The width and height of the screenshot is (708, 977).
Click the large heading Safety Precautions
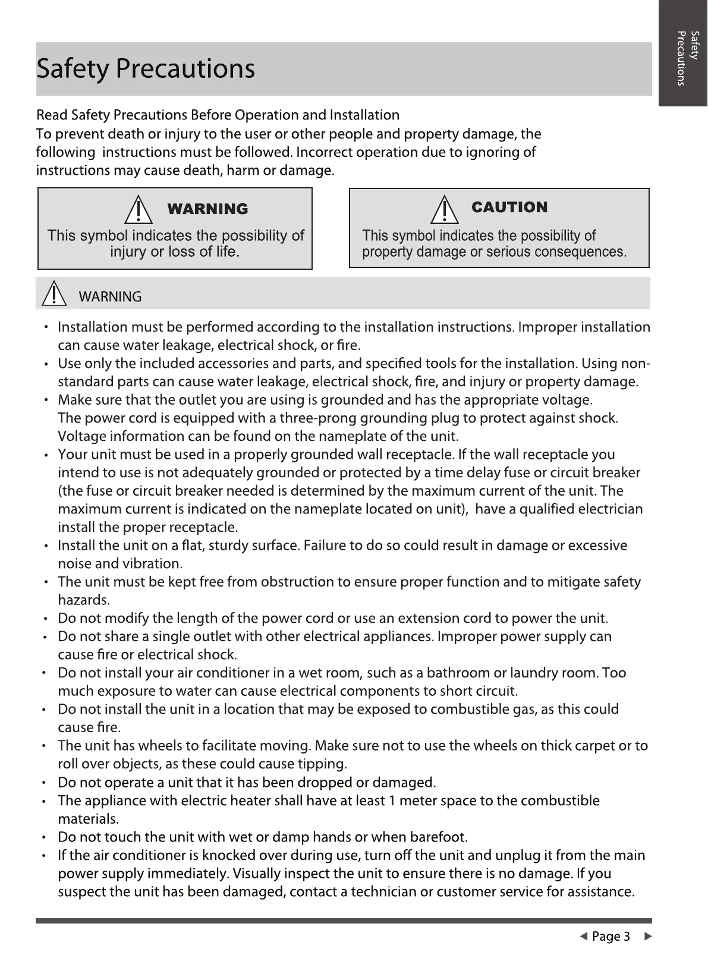coord(146,68)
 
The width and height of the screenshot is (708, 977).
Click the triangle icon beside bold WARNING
coord(138,209)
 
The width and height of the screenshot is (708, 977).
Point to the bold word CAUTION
coord(509,207)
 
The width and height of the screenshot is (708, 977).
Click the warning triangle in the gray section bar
coord(55,294)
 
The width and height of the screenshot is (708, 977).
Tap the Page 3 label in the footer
coord(611,937)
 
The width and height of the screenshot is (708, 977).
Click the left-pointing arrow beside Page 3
coord(583,937)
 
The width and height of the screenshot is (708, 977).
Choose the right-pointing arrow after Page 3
coord(648,937)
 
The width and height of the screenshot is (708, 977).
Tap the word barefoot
coord(438,837)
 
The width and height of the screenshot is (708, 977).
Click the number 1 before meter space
coord(392,800)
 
